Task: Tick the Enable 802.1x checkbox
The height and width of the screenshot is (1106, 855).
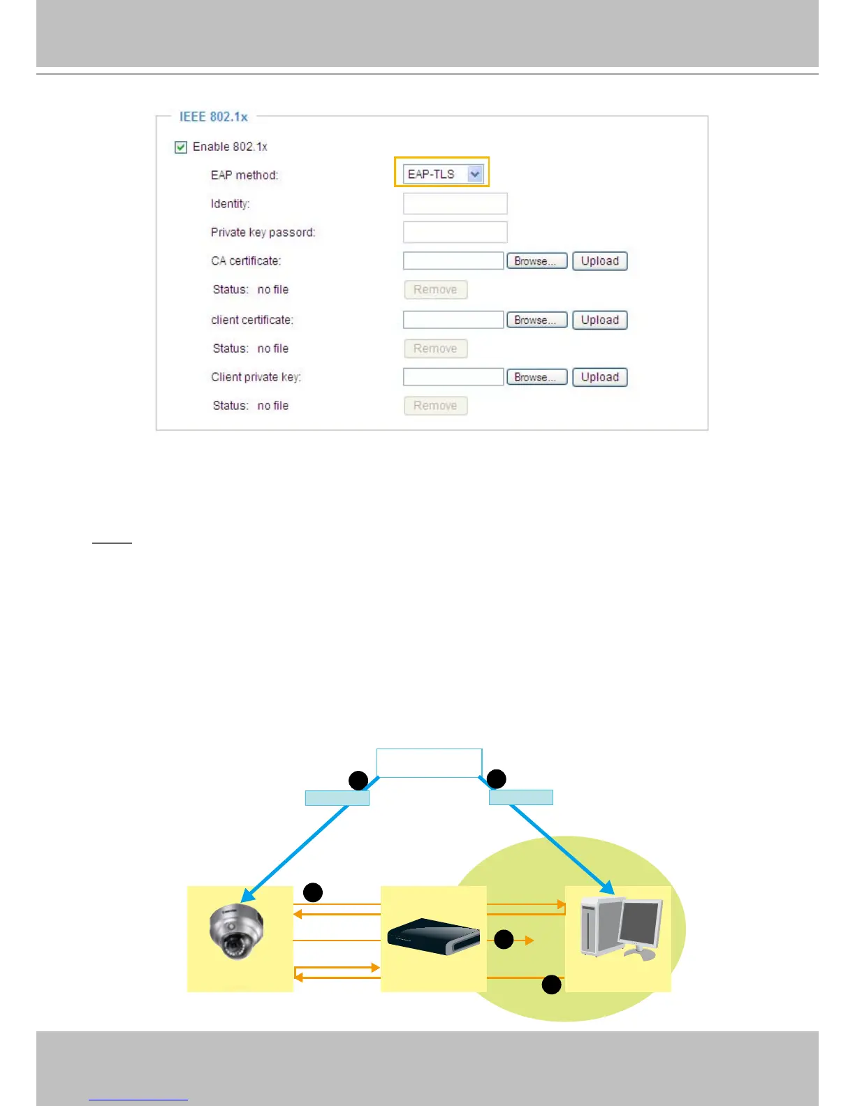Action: [181, 147]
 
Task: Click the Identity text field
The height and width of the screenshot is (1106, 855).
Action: [455, 204]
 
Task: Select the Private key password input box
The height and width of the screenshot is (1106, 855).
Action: [455, 233]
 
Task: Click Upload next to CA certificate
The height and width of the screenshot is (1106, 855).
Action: [599, 261]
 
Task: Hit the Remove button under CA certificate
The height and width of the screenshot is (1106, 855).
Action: [435, 290]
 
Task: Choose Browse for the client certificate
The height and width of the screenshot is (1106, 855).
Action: [536, 320]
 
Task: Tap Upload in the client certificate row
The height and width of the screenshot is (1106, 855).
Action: [599, 320]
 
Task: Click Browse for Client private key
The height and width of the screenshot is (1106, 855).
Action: [536, 377]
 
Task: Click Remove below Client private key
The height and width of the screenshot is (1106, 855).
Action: [435, 406]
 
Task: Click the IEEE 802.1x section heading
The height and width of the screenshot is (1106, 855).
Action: [214, 117]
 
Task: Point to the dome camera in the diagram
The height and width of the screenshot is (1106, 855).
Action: [236, 931]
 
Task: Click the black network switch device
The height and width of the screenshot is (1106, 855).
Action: [433, 936]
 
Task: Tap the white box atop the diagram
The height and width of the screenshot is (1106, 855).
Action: [429, 762]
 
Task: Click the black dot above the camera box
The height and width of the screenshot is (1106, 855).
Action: [313, 892]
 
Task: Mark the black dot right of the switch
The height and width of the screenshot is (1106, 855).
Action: [504, 940]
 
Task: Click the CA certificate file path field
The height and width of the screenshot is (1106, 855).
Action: [453, 261]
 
